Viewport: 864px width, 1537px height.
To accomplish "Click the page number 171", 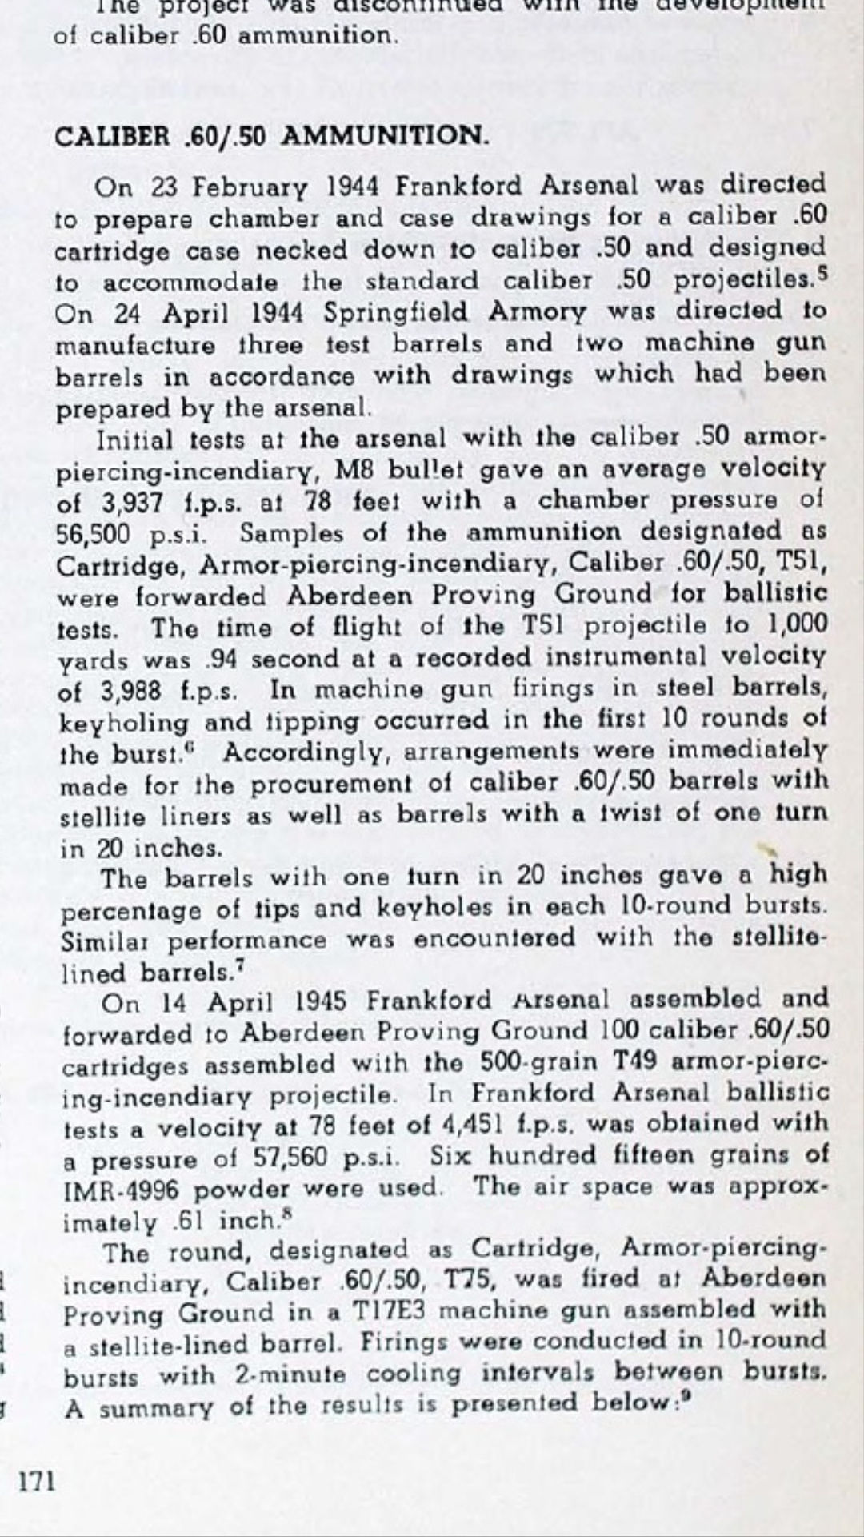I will point(38,1482).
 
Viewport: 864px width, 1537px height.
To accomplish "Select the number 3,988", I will point(131,692).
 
